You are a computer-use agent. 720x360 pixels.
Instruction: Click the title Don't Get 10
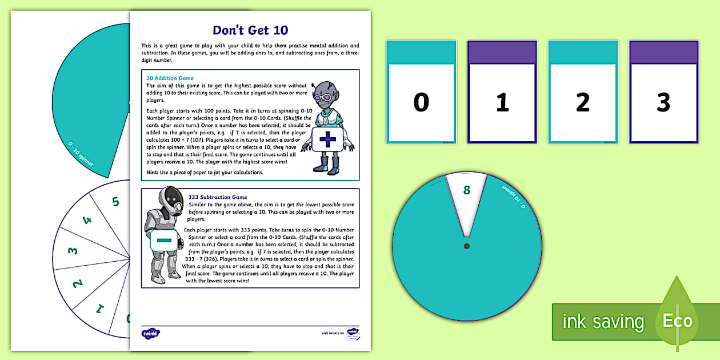click(x=250, y=30)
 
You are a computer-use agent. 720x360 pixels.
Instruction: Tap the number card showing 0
click(x=421, y=102)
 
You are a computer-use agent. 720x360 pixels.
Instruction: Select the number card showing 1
click(x=502, y=102)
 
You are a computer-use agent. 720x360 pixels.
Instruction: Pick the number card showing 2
click(x=583, y=102)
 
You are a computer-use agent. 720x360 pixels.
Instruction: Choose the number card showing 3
click(x=663, y=102)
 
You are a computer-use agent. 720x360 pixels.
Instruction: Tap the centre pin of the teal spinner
click(x=467, y=246)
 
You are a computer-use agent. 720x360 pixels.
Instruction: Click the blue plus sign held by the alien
click(x=327, y=139)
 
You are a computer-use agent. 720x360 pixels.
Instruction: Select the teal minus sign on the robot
click(x=163, y=241)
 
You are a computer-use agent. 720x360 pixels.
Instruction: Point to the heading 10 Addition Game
click(x=170, y=78)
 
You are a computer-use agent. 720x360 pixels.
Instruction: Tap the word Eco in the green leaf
click(x=677, y=321)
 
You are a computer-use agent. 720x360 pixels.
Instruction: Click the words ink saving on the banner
click(x=603, y=322)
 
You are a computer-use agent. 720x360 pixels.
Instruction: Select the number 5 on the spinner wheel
click(x=115, y=201)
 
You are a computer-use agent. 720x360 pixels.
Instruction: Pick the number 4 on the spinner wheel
click(x=87, y=221)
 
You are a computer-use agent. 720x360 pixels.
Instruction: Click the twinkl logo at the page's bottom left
click(x=150, y=333)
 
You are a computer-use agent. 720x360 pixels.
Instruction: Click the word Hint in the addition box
click(x=153, y=172)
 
